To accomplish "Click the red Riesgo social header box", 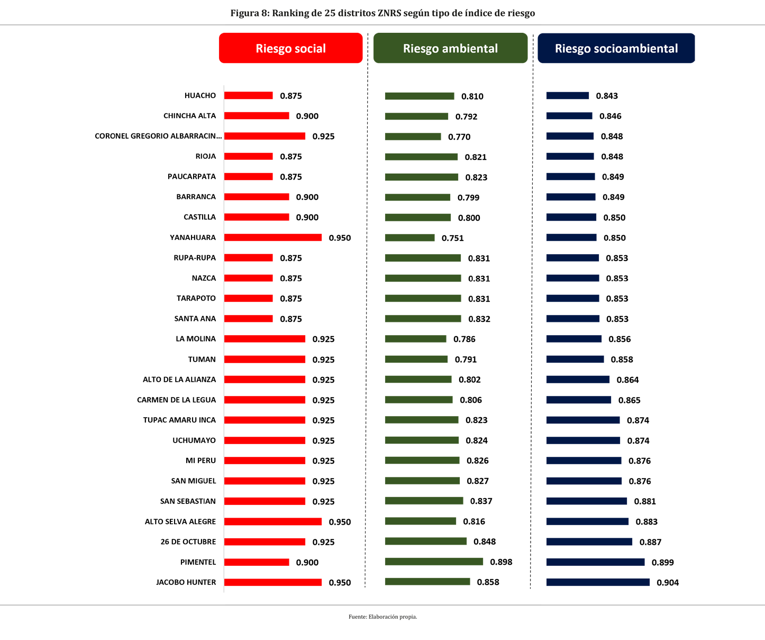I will (x=290, y=48).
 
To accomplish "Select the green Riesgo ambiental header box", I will (x=450, y=48).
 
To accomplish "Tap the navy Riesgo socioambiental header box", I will (x=616, y=48).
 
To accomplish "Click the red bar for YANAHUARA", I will (x=272, y=238).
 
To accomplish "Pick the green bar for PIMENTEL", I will (x=434, y=562).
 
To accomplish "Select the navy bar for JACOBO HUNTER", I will (x=598, y=582).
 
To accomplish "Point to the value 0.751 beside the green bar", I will (x=452, y=238).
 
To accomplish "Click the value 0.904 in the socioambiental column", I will (x=668, y=583).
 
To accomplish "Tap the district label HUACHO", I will (x=200, y=96).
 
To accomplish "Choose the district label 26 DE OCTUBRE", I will (x=188, y=542).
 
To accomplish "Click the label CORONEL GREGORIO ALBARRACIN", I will (x=158, y=136).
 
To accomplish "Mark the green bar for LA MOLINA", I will (x=415, y=339).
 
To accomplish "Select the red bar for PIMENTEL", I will (x=257, y=562).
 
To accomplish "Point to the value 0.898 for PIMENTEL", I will (x=501, y=562).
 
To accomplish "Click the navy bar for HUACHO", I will (x=567, y=96).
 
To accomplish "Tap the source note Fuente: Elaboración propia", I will (x=382, y=617).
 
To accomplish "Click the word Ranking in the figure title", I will (x=290, y=13).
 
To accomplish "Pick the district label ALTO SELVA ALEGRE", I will (x=180, y=521).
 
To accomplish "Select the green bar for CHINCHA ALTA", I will (x=416, y=116).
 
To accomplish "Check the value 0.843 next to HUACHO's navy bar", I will (x=607, y=96).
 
